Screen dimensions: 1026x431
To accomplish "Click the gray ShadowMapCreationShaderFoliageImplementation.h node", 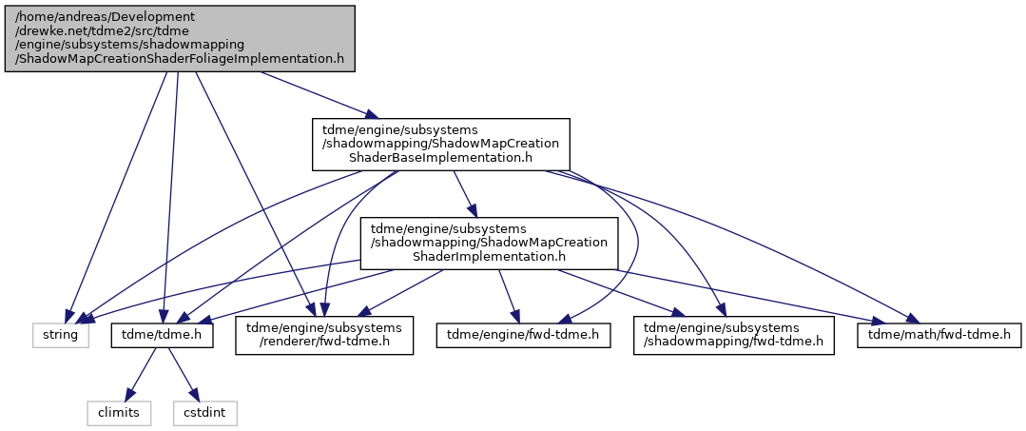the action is (x=180, y=39).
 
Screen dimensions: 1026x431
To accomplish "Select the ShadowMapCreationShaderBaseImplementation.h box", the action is (x=441, y=144).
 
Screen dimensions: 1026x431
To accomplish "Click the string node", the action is (x=60, y=335).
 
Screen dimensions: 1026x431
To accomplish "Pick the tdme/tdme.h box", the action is (x=163, y=335).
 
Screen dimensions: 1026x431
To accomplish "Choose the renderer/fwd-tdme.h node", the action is (x=324, y=335).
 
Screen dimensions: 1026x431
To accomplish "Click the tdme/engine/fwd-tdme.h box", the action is (x=524, y=335).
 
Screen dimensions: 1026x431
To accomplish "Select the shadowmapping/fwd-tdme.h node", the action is (x=733, y=335).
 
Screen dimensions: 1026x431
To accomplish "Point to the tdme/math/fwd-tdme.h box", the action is (x=939, y=335).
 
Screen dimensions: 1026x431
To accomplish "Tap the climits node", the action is (x=119, y=413).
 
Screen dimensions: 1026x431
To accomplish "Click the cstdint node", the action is (x=204, y=413).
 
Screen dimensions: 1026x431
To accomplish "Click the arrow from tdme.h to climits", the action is (x=140, y=374).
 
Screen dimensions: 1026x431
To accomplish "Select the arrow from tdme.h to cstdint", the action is (x=184, y=374).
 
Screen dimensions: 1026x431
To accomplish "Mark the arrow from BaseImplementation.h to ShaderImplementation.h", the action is (x=465, y=194).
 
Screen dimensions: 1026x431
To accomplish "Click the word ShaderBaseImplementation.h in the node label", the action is (x=441, y=158).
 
